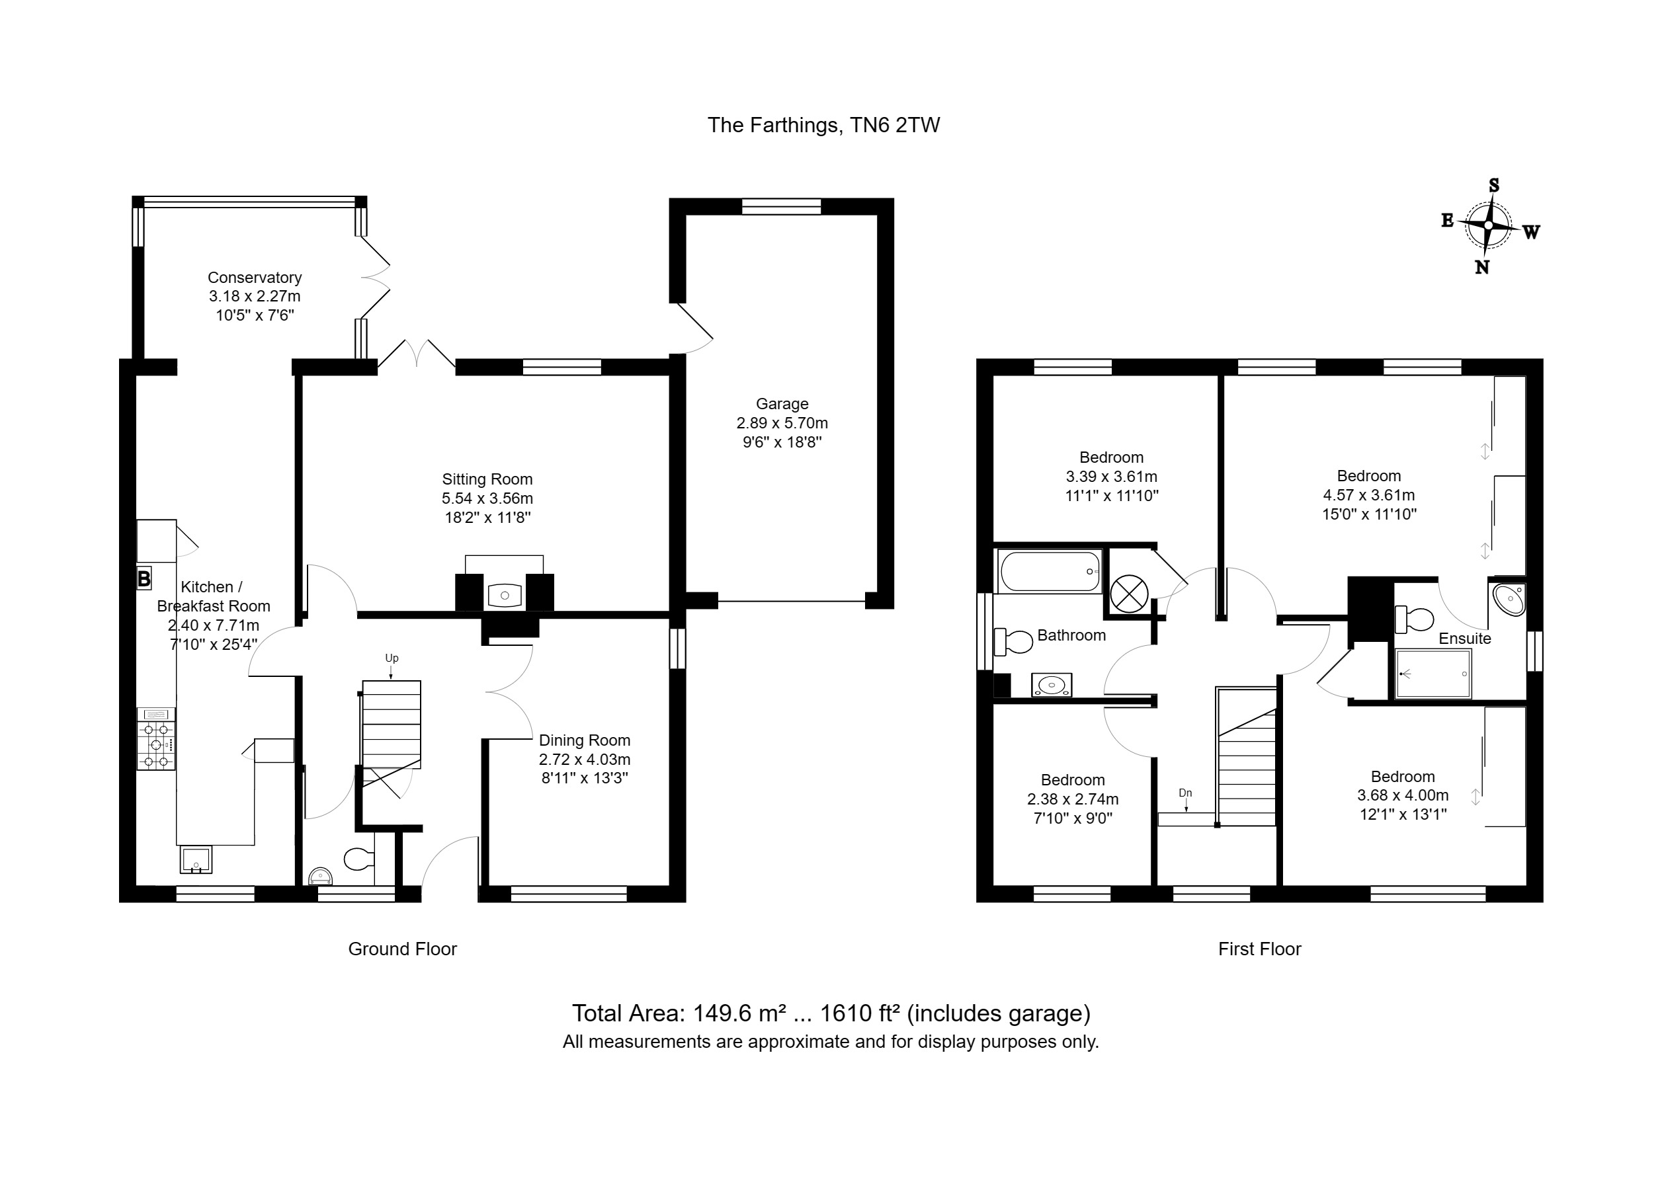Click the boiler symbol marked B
pos(144,578)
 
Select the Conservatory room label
pos(255,278)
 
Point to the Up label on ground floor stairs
pos(392,658)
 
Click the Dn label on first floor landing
pos(1185,793)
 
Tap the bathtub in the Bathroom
pos(1050,571)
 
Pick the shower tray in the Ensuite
pos(1433,674)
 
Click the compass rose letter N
pos(1481,267)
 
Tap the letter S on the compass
pos(1494,185)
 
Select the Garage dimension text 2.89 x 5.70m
pos(782,423)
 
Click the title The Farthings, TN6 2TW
pos(823,126)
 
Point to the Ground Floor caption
pos(403,949)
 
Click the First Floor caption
pos(1259,949)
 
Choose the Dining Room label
pos(584,740)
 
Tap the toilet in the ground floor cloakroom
pos(357,859)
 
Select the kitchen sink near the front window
pos(196,859)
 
